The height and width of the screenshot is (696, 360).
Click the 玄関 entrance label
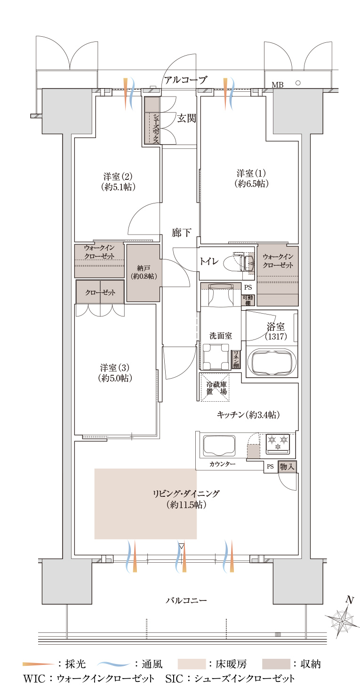pos(186,118)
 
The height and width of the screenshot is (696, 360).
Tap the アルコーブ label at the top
pos(185,80)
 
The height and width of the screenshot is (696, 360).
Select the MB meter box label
pos(277,84)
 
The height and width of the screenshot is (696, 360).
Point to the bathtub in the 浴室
pos(272,362)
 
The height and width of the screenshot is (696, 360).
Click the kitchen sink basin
pos(219,445)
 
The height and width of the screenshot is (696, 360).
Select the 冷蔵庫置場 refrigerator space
pos(216,387)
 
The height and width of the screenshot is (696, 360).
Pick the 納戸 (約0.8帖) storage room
pos(143,273)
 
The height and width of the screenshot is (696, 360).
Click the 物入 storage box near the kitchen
pos(287,466)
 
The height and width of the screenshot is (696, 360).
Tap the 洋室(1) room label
pos(251,178)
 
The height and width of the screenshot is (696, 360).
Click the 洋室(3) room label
pos(115,373)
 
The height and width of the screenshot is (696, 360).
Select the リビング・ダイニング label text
pos(186,494)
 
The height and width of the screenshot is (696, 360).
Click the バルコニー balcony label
pos(186,600)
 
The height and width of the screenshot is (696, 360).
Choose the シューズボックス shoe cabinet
pos(152,121)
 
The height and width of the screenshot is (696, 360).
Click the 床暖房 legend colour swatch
pos(192,664)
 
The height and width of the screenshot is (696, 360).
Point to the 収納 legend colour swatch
pos(276,664)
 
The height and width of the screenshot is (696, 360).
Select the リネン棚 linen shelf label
pos(236,359)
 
